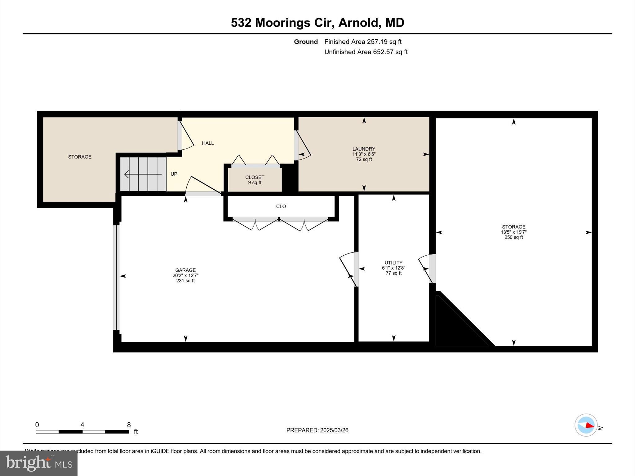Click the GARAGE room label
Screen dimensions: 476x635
click(x=185, y=270)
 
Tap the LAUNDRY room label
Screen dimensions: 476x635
click(x=364, y=149)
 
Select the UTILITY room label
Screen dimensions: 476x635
click(x=393, y=263)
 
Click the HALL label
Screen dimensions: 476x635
click(x=208, y=143)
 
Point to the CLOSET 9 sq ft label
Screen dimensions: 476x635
click(x=255, y=180)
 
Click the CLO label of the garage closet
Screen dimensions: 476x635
click(x=281, y=206)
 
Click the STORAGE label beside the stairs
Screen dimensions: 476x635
click(x=80, y=157)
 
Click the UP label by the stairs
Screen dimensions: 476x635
click(x=174, y=174)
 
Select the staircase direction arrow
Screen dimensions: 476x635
click(x=143, y=174)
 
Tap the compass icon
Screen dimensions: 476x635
click(x=586, y=425)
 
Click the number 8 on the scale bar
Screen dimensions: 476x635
click(x=129, y=425)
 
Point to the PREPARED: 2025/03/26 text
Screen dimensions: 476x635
click(x=317, y=430)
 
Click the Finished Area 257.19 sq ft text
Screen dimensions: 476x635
click(x=363, y=42)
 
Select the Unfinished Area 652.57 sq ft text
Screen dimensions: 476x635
click(x=366, y=52)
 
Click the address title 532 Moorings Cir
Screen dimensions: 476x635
click(x=317, y=23)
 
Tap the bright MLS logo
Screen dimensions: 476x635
click(x=39, y=463)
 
